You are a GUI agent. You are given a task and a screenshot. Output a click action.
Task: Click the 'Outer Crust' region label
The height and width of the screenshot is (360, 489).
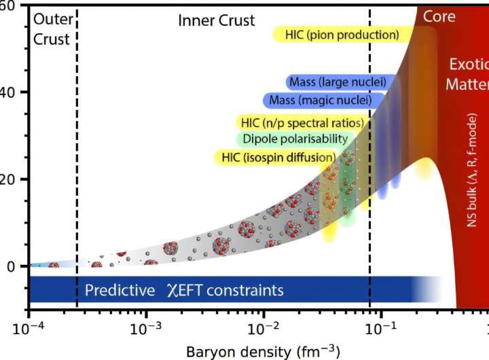point(52,29)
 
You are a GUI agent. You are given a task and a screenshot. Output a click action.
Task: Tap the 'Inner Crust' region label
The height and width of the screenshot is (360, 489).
point(217,20)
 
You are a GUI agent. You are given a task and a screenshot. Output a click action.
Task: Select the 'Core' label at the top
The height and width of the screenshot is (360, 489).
point(439,16)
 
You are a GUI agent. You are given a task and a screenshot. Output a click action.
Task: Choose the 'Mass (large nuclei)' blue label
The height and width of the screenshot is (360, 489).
point(337,82)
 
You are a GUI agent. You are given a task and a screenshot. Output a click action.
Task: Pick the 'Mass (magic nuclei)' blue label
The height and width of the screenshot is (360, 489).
point(317,101)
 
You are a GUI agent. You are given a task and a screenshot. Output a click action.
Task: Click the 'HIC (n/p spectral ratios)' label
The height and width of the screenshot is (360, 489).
point(302,123)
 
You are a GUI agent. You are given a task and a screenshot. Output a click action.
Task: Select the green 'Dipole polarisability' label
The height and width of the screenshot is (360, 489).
point(292,139)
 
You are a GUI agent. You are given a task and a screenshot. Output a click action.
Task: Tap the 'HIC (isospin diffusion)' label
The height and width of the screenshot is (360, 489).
point(278,158)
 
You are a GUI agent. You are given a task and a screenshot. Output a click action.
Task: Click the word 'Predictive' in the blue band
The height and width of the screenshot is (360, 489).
point(120,291)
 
